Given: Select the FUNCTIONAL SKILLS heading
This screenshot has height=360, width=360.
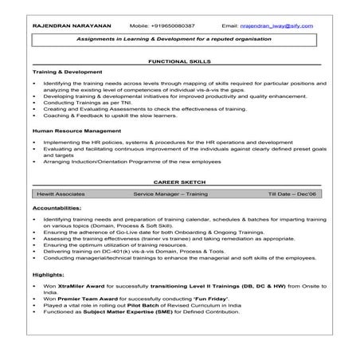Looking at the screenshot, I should tap(180, 61).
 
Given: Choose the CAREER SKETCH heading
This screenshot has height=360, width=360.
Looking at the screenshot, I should tap(180, 182).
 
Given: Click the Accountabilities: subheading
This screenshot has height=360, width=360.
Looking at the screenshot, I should tap(57, 205).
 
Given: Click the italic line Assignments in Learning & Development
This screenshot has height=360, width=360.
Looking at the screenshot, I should tap(180, 38).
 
